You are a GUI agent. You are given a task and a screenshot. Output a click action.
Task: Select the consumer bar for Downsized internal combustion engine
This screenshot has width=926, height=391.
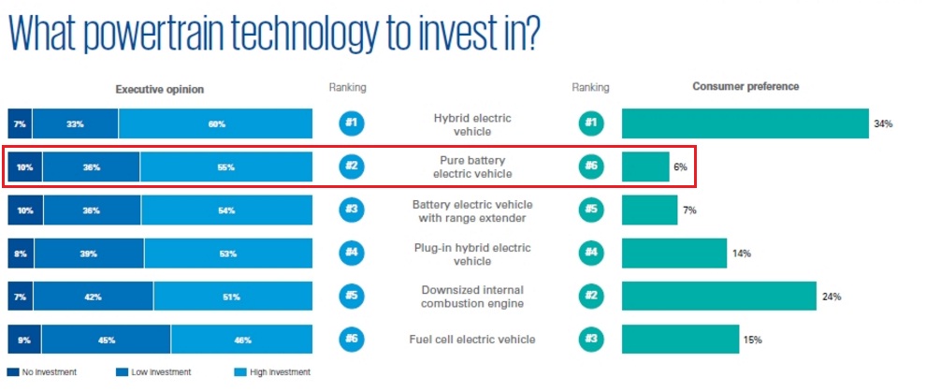pyautogui.click(x=718, y=297)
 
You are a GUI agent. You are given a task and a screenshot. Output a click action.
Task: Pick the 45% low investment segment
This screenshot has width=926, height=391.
pyautogui.click(x=106, y=340)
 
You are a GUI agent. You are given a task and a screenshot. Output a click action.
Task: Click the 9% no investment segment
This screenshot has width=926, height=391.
pyautogui.click(x=23, y=340)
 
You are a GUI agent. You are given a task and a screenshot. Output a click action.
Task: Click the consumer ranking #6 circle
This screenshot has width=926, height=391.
pyautogui.click(x=590, y=167)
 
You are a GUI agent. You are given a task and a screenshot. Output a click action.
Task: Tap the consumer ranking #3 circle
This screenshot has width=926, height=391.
pyautogui.click(x=590, y=340)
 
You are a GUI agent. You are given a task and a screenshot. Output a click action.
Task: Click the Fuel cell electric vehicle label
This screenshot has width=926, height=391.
pyautogui.click(x=472, y=340)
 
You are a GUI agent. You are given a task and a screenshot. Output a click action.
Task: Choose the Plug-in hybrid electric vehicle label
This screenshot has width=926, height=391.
pyautogui.click(x=472, y=253)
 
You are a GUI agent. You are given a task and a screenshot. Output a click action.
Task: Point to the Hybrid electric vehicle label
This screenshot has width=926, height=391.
pyautogui.click(x=472, y=124)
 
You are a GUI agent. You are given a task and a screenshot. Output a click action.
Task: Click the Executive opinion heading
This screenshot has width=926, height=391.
pyautogui.click(x=159, y=89)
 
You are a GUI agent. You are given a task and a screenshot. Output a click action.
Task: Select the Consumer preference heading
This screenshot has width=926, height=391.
pyautogui.click(x=745, y=87)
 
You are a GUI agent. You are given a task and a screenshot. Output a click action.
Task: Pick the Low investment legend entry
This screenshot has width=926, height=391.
pyautogui.click(x=160, y=372)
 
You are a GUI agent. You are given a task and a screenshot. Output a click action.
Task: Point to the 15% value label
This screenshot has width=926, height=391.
pyautogui.click(x=752, y=340)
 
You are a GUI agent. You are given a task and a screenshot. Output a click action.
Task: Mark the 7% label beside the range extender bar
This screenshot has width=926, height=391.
pyautogui.click(x=689, y=210)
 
